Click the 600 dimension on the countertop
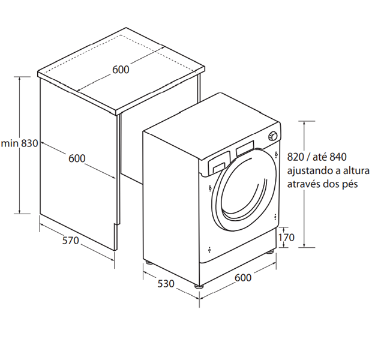point(120,70)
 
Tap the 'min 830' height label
point(20,143)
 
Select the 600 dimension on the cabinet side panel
point(77,158)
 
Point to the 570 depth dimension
point(70,241)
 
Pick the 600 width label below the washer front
point(243,277)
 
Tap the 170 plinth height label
point(286,238)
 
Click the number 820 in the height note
point(297,157)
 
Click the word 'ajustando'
point(310,171)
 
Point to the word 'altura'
point(355,171)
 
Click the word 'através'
point(305,184)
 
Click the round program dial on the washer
point(273,137)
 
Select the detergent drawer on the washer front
point(218,162)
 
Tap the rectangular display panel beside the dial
point(246,147)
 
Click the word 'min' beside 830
point(9,143)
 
